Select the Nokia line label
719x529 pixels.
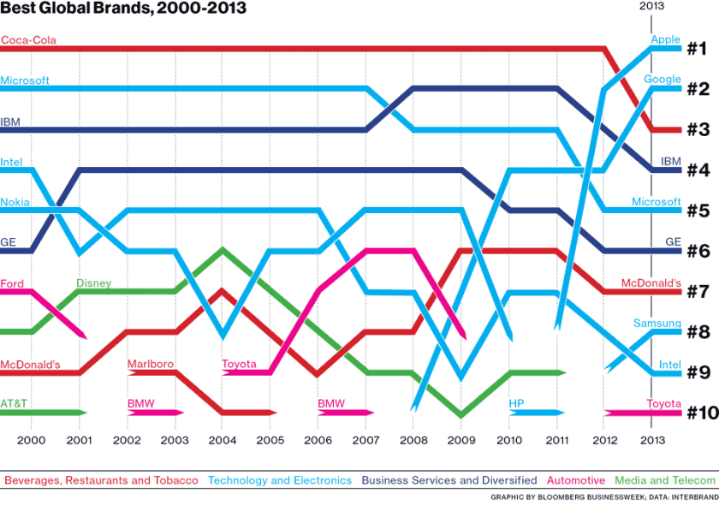15,202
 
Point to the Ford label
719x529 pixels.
12,283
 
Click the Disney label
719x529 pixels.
93,283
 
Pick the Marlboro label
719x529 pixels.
151,364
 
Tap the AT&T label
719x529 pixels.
15,403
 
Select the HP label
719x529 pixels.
516,403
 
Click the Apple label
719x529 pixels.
665,39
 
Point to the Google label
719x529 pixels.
663,80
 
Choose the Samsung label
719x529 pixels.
657,324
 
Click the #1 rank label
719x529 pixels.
697,48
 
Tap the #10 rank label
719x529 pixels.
702,413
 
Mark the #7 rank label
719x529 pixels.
697,292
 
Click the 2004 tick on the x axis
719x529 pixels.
223,440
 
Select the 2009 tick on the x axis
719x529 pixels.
461,440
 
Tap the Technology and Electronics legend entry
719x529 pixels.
280,480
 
